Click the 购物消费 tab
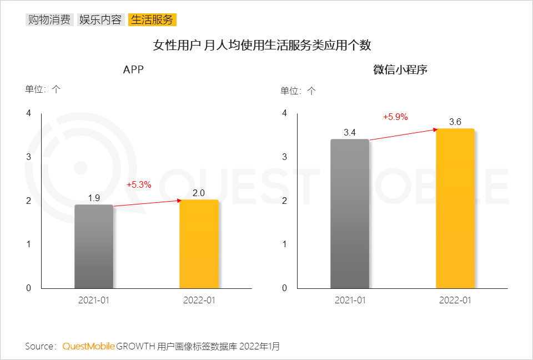(49, 20)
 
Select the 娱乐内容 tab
(100, 20)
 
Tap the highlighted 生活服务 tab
(152, 20)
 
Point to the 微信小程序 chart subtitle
(400, 70)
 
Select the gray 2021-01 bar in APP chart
(94, 247)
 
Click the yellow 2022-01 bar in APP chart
(199, 244)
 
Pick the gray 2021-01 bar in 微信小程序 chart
(350, 214)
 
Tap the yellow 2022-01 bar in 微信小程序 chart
(455, 209)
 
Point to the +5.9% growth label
(395, 117)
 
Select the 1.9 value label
(94, 198)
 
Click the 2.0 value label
(199, 193)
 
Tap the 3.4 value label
(350, 132)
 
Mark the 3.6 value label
(455, 122)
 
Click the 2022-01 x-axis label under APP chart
(199, 301)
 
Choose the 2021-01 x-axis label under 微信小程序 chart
(350, 301)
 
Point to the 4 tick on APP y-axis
(29, 113)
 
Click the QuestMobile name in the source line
(89, 347)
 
